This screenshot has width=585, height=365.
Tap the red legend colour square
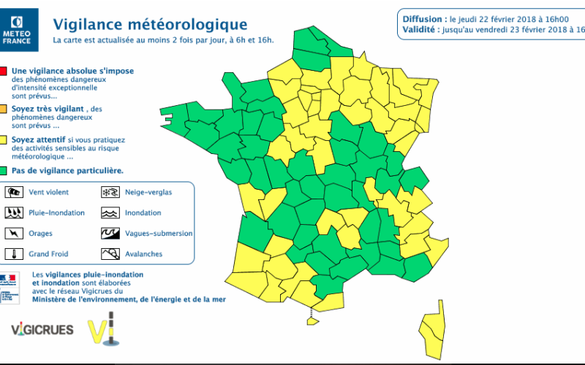4,72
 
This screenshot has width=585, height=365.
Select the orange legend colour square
4,108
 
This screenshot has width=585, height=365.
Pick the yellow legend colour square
4,139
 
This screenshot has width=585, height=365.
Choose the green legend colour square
4,171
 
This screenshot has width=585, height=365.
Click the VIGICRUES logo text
42,330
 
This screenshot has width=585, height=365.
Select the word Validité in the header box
418,29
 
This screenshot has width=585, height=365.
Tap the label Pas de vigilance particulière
66,171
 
